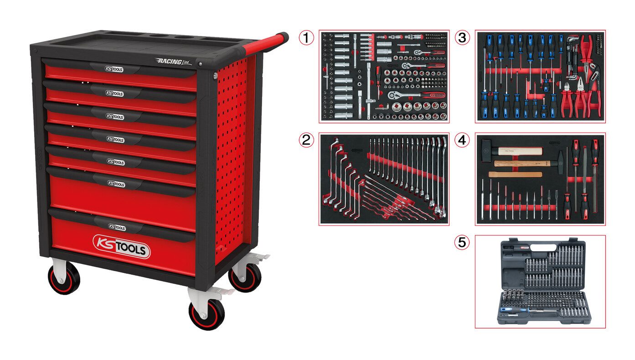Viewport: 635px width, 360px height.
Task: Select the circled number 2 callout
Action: pyautogui.click(x=307, y=140)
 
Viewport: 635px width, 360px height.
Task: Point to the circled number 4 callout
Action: pyautogui.click(x=463, y=140)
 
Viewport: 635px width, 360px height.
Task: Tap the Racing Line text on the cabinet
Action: pyautogui.click(x=173, y=61)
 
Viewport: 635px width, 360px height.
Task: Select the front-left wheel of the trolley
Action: pyautogui.click(x=64, y=278)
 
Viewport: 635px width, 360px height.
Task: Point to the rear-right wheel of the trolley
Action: pyautogui.click(x=245, y=276)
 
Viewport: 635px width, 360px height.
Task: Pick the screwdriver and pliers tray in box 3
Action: pyautogui.click(x=541, y=77)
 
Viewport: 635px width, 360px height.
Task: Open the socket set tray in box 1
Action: pyautogui.click(x=384, y=77)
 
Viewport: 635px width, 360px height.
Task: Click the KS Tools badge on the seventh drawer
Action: pyautogui.click(x=117, y=226)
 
